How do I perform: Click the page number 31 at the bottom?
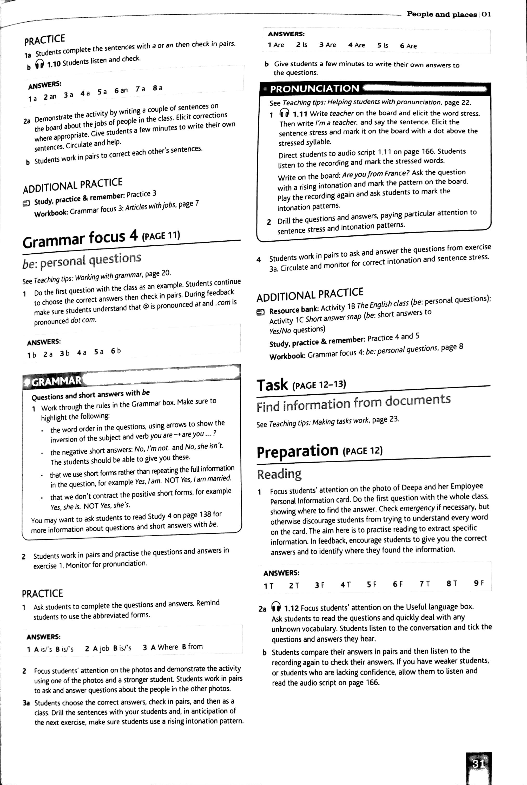[478, 764]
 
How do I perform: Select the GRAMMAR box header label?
[56, 381]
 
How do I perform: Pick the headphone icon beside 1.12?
[276, 607]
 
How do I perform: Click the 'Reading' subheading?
[279, 474]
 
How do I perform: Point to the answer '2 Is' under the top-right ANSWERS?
[301, 45]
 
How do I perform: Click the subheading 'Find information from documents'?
[353, 403]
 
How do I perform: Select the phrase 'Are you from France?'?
[376, 174]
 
